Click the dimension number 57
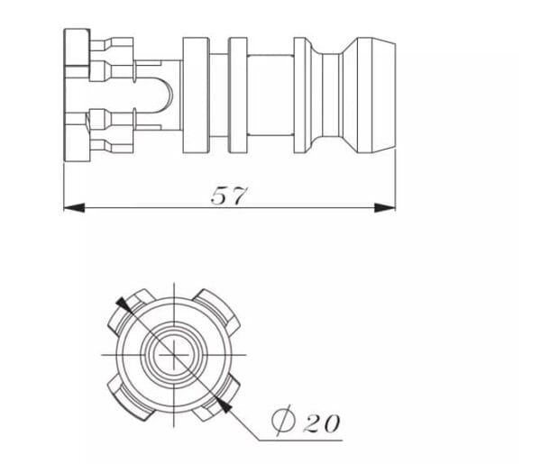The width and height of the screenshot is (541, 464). coord(228,196)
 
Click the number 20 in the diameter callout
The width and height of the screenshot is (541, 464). coord(322,423)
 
